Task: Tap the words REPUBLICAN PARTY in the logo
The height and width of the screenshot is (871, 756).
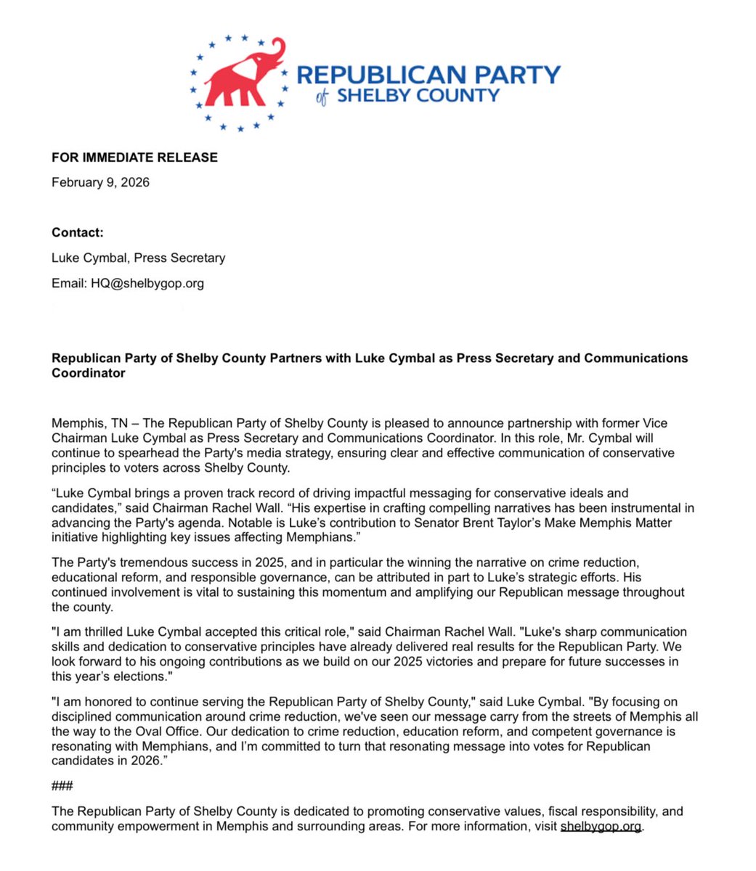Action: point(428,75)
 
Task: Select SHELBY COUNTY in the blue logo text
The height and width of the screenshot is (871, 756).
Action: point(418,96)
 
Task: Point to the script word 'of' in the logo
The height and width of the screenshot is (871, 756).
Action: point(322,98)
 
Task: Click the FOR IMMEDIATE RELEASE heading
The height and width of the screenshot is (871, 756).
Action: point(134,158)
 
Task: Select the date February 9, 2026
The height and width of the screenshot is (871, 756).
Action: point(100,182)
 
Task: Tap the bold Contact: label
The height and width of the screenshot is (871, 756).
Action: point(78,232)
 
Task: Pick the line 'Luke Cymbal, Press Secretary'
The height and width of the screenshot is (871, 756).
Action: point(138,258)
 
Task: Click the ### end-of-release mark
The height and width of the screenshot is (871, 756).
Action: point(62,786)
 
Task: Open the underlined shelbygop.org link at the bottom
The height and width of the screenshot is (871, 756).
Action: point(601,826)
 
